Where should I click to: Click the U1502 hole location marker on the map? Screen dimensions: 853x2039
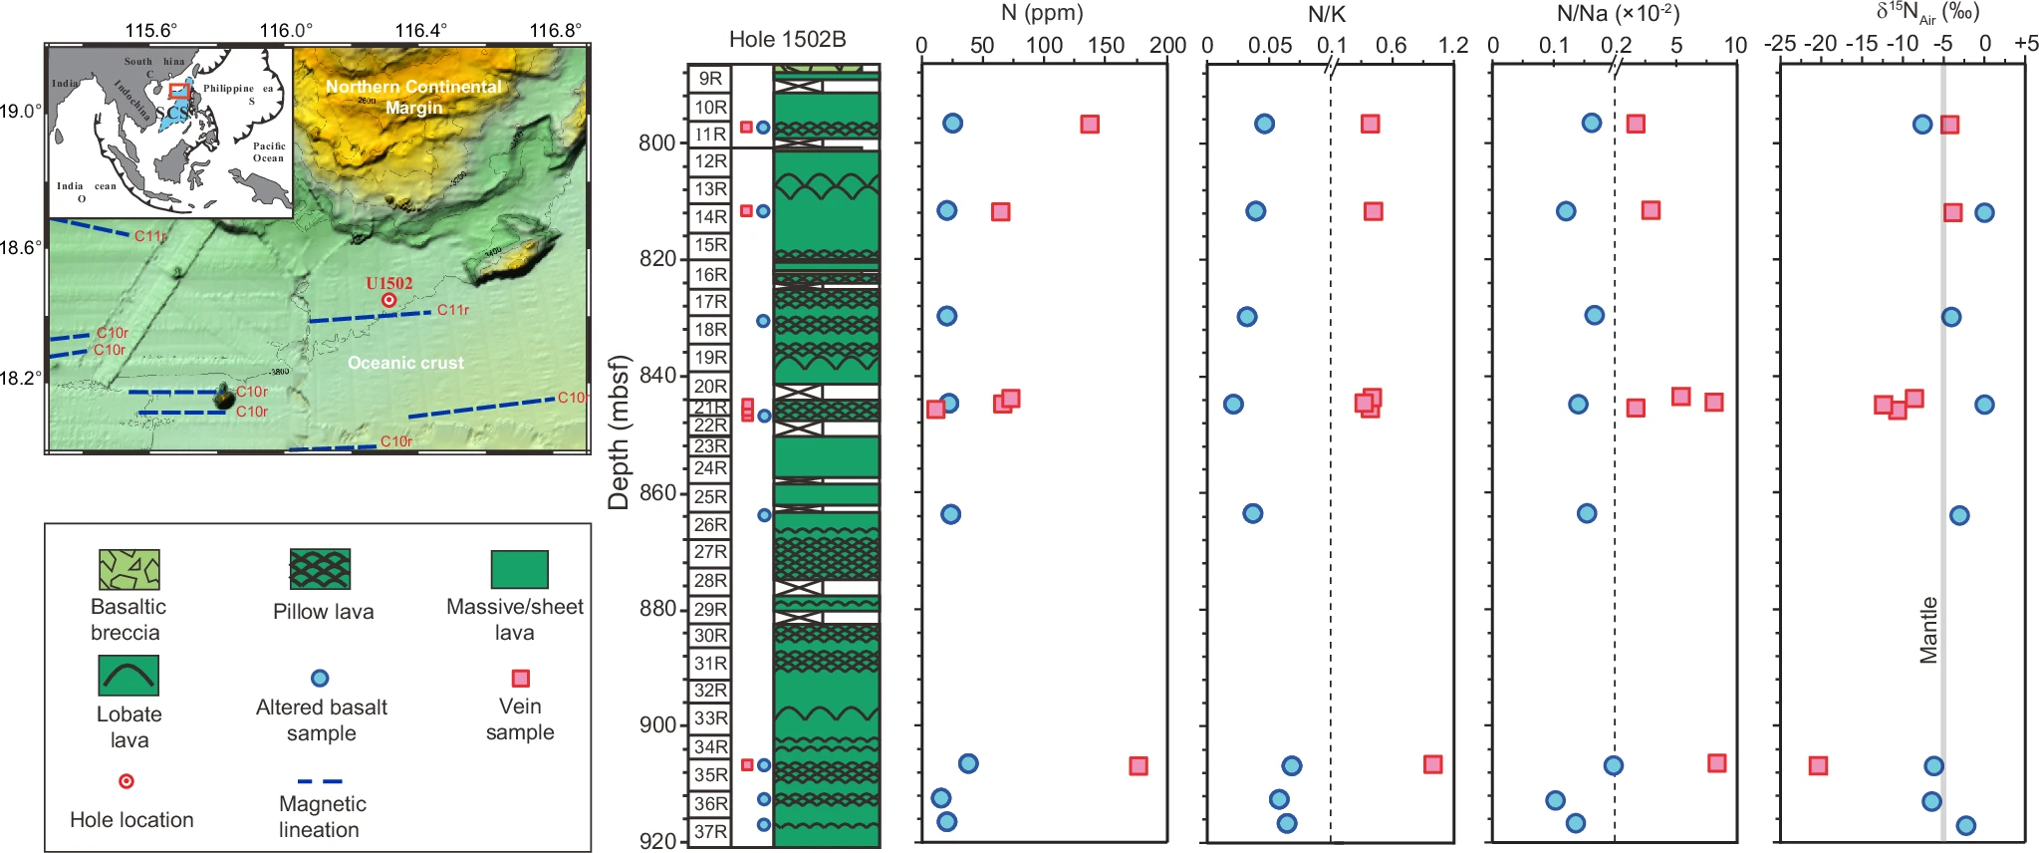pyautogui.click(x=389, y=300)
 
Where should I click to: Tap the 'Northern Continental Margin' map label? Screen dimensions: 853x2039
pyautogui.click(x=413, y=97)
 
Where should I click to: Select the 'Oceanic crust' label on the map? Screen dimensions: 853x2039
pyautogui.click(x=405, y=363)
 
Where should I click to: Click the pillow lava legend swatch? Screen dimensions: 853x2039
pyautogui.click(x=320, y=569)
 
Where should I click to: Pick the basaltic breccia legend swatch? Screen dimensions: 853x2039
pyautogui.click(x=129, y=569)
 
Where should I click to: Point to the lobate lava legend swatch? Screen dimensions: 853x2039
pyautogui.click(x=128, y=675)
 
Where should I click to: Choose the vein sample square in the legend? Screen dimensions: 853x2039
pyautogui.click(x=520, y=679)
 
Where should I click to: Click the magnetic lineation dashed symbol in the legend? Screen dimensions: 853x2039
pyautogui.click(x=320, y=781)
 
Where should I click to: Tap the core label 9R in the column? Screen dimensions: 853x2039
pyautogui.click(x=710, y=79)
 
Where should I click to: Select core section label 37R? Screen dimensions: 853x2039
pyautogui.click(x=710, y=832)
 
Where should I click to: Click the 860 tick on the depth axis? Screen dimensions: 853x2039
pyautogui.click(x=658, y=492)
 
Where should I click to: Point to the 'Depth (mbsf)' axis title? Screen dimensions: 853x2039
pyautogui.click(x=619, y=432)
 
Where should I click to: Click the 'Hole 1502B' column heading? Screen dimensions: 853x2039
pyautogui.click(x=787, y=40)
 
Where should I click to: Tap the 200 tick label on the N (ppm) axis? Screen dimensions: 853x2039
pyautogui.click(x=1167, y=45)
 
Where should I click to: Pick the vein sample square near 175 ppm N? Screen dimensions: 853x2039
pyautogui.click(x=1139, y=765)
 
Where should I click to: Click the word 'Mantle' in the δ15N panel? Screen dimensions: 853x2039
pyautogui.click(x=1928, y=630)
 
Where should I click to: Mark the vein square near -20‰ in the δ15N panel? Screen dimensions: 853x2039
pyautogui.click(x=1818, y=765)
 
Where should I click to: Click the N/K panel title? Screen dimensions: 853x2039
pyautogui.click(x=1326, y=14)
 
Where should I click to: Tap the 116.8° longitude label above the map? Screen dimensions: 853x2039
pyautogui.click(x=555, y=30)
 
